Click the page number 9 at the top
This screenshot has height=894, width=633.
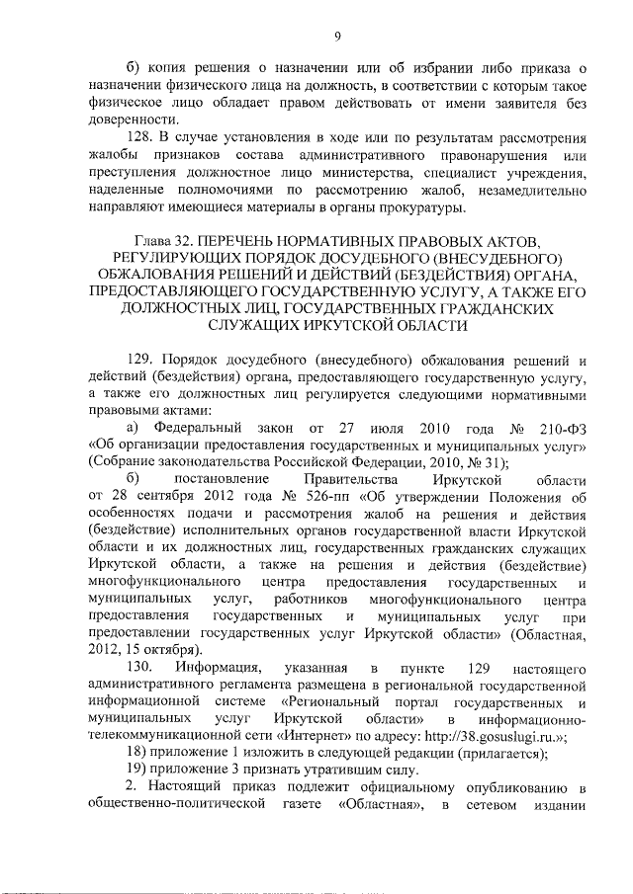(x=338, y=38)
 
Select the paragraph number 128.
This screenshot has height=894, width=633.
(x=145, y=138)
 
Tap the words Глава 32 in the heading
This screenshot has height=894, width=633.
(x=168, y=241)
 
